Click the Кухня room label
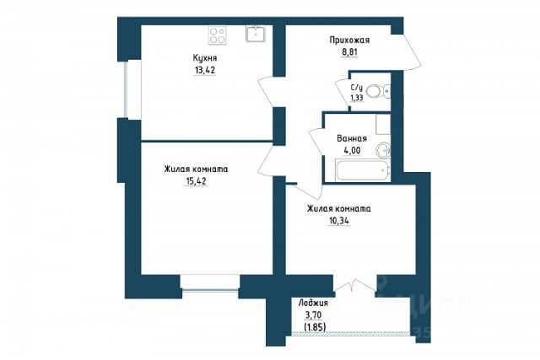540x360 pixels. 205,58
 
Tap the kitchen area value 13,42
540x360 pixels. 205,71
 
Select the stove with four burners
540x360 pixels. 218,35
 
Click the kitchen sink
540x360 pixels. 256,34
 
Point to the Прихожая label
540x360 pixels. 349,40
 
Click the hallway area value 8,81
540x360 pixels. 349,53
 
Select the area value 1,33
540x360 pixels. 356,98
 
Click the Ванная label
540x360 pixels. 352,139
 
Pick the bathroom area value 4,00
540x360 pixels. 352,151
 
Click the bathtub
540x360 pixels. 362,169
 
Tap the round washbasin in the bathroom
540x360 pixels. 382,150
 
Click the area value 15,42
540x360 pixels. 196,181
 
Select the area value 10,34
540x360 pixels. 339,221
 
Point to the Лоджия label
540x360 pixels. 313,304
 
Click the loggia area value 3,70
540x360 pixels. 313,314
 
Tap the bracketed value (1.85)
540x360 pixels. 315,326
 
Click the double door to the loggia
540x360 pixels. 355,287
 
